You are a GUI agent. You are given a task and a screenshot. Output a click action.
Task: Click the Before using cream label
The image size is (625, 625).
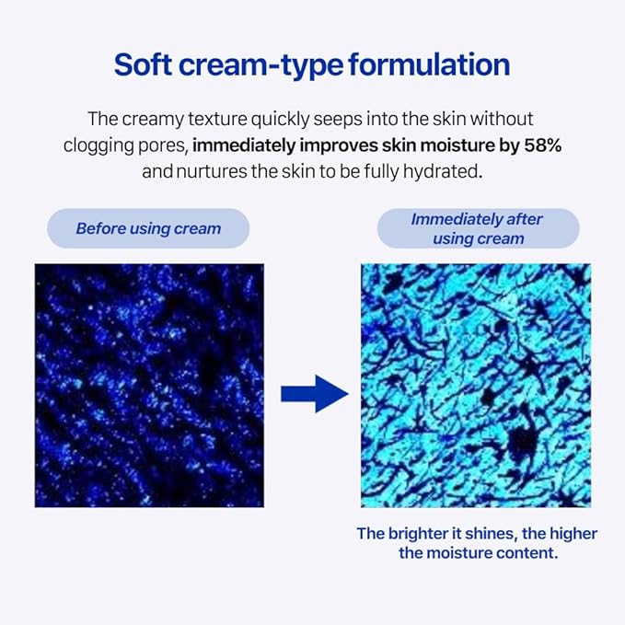pyautogui.click(x=148, y=228)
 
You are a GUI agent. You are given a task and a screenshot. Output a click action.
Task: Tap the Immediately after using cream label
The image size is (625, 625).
pyautogui.click(x=477, y=228)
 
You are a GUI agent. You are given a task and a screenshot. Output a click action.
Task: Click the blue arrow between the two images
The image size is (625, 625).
pyautogui.click(x=313, y=394)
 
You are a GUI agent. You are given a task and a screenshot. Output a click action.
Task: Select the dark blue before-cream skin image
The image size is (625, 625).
pyautogui.click(x=149, y=385)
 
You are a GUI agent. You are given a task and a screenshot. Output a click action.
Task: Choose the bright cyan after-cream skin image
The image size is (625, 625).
pyautogui.click(x=476, y=385)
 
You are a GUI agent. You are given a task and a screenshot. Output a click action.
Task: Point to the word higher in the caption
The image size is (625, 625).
pyautogui.click(x=573, y=534)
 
